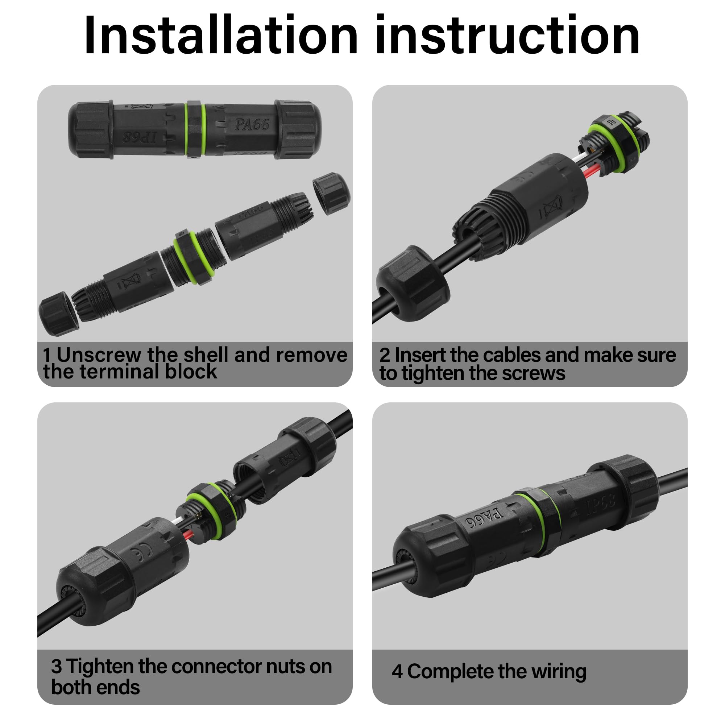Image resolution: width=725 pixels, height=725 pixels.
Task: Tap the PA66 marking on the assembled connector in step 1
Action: tap(252, 125)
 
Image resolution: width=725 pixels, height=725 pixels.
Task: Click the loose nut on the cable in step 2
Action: tap(413, 284)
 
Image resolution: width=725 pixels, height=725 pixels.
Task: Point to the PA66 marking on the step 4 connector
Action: tap(484, 518)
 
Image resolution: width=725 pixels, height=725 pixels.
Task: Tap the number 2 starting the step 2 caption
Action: tap(385, 355)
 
